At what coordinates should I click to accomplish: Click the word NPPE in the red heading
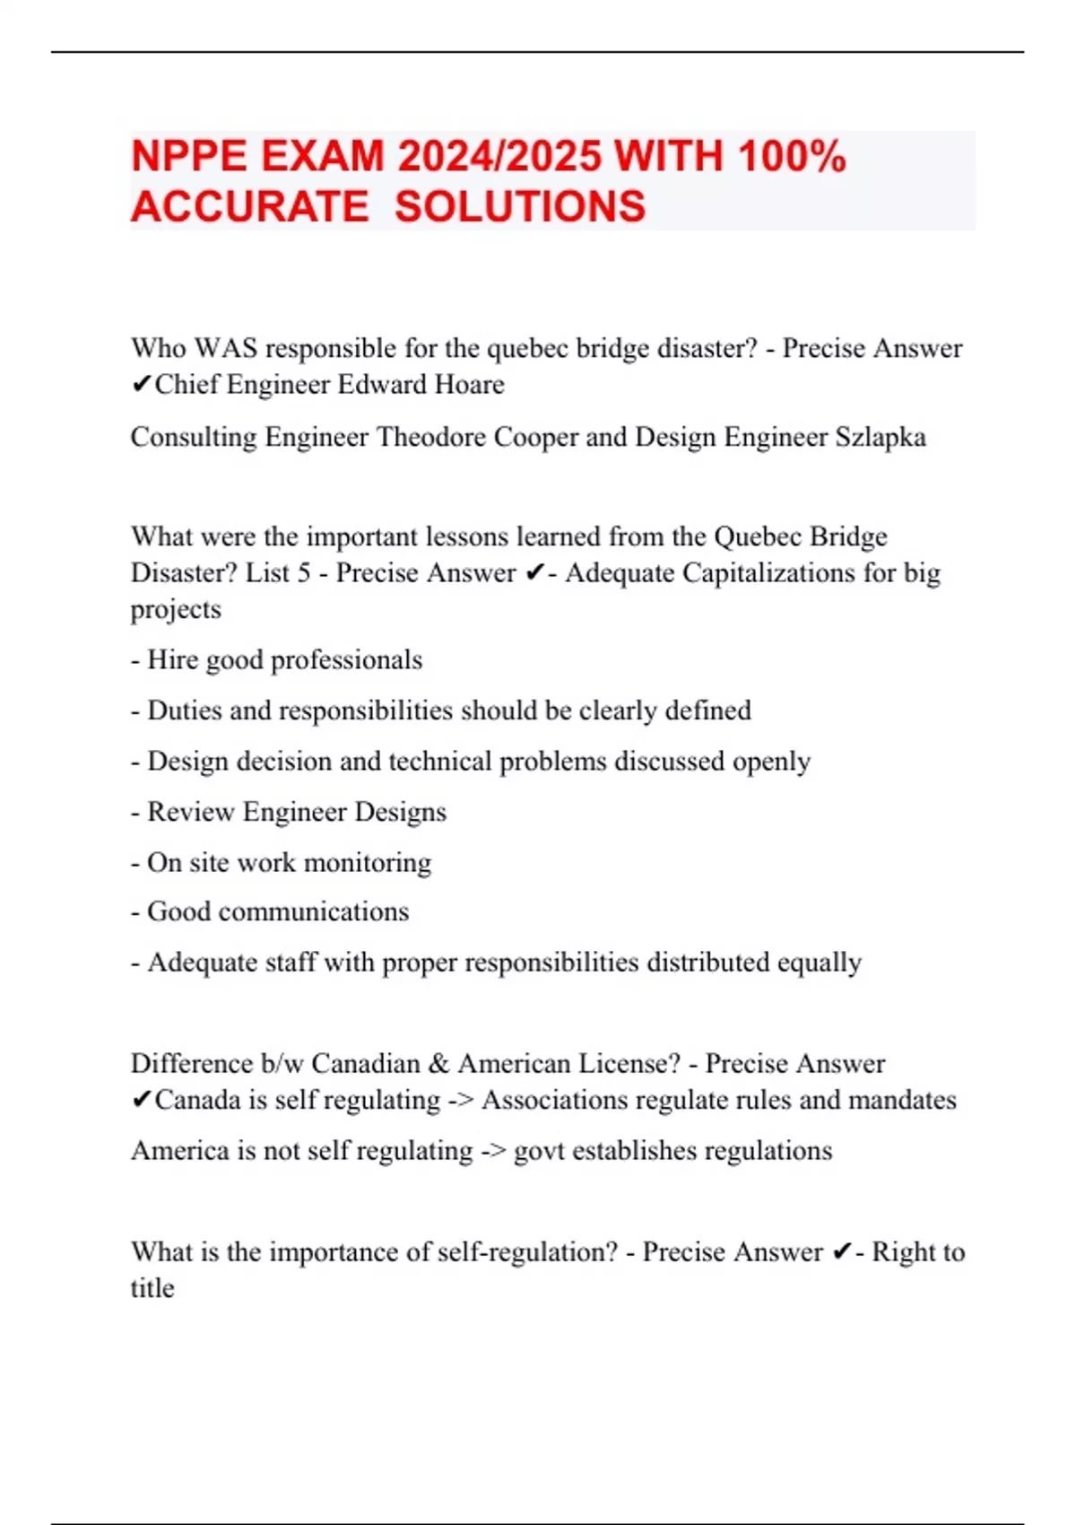(188, 157)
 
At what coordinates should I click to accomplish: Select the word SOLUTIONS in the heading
(520, 207)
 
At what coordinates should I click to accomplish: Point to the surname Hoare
(469, 385)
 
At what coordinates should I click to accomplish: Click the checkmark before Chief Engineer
(141, 385)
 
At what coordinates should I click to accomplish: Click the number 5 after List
(304, 572)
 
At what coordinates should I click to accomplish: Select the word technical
(439, 761)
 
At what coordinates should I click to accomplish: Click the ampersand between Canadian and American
(438, 1064)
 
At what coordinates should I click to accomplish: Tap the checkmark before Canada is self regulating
(141, 1100)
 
